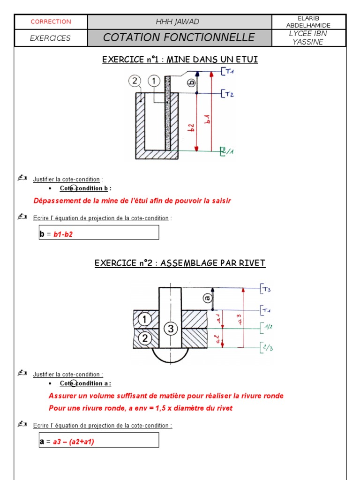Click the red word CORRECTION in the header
(51, 22)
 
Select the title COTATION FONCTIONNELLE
(179, 37)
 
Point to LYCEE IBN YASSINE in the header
(308, 38)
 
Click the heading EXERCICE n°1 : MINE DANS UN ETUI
(180, 60)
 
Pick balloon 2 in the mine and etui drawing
(135, 81)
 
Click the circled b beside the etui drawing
(191, 83)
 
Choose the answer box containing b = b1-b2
(99, 232)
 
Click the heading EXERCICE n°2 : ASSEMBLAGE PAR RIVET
(180, 263)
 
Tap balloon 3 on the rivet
(170, 329)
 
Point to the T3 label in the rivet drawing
(267, 289)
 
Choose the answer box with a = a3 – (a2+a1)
(99, 440)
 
